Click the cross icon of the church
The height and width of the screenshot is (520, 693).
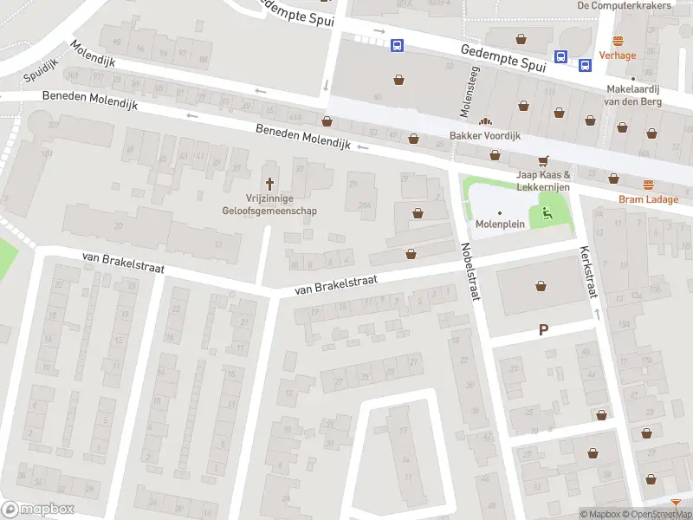[269, 183]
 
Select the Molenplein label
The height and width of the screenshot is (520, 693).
[499, 224]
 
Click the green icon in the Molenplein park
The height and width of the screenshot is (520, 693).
[546, 211]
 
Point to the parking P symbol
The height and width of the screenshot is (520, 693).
[544, 329]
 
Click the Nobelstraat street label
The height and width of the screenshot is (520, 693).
[471, 270]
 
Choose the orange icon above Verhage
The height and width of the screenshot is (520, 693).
[618, 41]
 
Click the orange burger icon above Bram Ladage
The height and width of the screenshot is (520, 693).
[648, 184]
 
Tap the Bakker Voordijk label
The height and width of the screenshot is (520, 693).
[484, 136]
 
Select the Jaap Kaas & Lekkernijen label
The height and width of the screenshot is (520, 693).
[544, 180]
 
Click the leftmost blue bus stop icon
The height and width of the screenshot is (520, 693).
[397, 46]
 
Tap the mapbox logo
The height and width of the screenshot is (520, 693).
[38, 510]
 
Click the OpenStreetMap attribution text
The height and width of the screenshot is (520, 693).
[659, 514]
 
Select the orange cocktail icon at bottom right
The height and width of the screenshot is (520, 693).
[676, 503]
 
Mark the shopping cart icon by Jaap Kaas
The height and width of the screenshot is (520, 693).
[543, 160]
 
